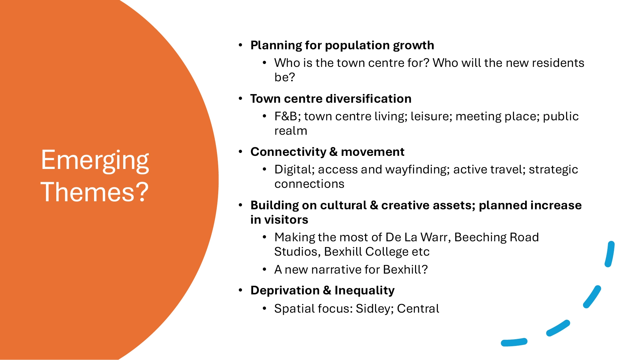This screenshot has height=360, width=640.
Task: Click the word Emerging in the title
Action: [x=95, y=161]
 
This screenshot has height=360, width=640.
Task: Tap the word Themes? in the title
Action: [x=95, y=192]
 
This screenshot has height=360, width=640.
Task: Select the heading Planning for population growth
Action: [x=342, y=45]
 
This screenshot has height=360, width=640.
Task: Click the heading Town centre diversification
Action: [x=331, y=99]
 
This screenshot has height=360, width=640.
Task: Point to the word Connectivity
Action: [x=288, y=152]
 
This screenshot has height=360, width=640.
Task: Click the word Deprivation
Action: [x=285, y=291]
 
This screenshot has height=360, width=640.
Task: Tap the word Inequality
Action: [x=364, y=291]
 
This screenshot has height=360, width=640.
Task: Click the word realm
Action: [x=291, y=131]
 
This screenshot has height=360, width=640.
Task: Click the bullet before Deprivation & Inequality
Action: [x=241, y=290]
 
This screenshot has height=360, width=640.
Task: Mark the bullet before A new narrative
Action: [x=264, y=269]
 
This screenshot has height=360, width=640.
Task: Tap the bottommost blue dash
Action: [x=514, y=342]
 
